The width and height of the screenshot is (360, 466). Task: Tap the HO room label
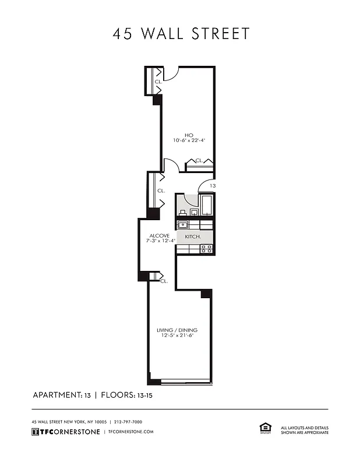[189, 134]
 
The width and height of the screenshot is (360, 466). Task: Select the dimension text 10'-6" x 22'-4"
[189, 140]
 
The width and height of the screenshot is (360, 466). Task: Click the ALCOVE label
[159, 236]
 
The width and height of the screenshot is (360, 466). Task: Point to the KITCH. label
[193, 237]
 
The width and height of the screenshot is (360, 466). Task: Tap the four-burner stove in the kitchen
[206, 249]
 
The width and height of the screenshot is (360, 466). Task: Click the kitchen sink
[182, 224]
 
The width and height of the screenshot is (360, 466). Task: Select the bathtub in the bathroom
[207, 204]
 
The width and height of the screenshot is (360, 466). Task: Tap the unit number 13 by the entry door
[213, 186]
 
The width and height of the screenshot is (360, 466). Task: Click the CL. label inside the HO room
[199, 161]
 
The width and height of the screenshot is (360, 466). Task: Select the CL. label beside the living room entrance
[164, 281]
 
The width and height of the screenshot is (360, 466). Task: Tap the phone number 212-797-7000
[128, 422]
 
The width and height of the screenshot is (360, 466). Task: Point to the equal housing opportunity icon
[264, 428]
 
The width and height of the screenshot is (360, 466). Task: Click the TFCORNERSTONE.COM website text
[130, 432]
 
